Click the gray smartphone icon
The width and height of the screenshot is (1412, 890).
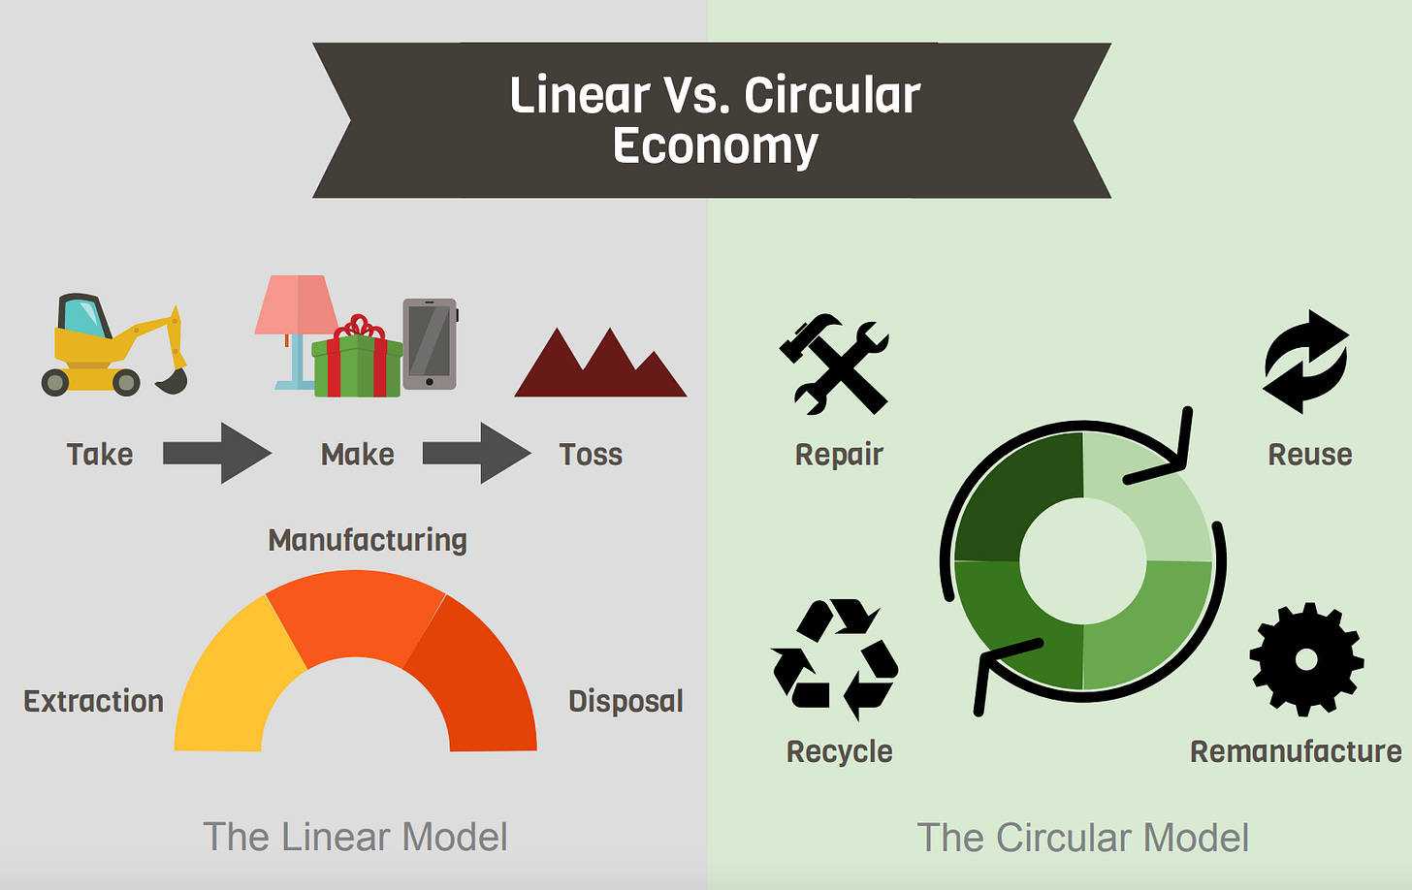430,343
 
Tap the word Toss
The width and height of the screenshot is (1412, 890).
591,455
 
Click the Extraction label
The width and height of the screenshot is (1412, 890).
93,701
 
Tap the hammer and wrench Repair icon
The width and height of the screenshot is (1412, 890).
835,364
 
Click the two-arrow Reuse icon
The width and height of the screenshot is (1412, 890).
1305,362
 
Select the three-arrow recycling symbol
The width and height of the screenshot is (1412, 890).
834,659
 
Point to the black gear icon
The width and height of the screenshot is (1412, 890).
1306,659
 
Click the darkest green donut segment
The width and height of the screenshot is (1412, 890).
1013,494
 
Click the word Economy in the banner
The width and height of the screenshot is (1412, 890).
716,146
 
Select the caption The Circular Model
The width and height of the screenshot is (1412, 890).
1082,838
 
